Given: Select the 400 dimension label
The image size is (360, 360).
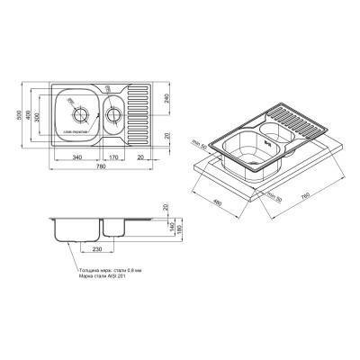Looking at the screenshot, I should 30,116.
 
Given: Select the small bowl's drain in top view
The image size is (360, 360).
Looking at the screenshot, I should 113,113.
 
